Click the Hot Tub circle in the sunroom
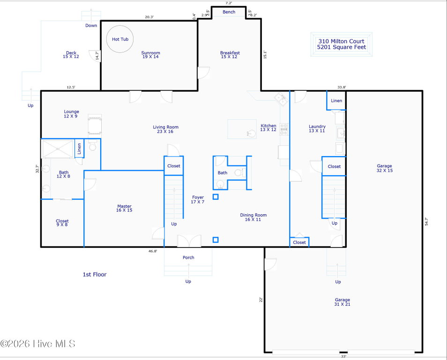pyautogui.click(x=107, y=39)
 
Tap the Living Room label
pyautogui.click(x=165, y=129)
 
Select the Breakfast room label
pyautogui.click(x=230, y=54)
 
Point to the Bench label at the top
pyautogui.click(x=229, y=12)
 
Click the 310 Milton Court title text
pyautogui.click(x=341, y=41)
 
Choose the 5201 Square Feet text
pyautogui.click(x=342, y=47)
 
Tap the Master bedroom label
pyautogui.click(x=124, y=208)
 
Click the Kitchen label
pyautogui.click(x=268, y=127)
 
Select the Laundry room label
pyautogui.click(x=317, y=128)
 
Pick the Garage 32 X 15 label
pyautogui.click(x=384, y=168)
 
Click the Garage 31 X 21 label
pyautogui.click(x=342, y=302)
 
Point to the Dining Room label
pyautogui.click(x=253, y=217)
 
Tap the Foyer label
pyautogui.click(x=198, y=199)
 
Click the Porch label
pyautogui.click(x=188, y=257)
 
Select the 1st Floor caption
pyautogui.click(x=95, y=274)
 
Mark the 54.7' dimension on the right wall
pyautogui.click(x=426, y=222)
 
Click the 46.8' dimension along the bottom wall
pyautogui.click(x=153, y=251)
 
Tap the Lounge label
pyautogui.click(x=71, y=114)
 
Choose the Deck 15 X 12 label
pyautogui.click(x=71, y=54)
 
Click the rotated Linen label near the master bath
pyautogui.click(x=79, y=149)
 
